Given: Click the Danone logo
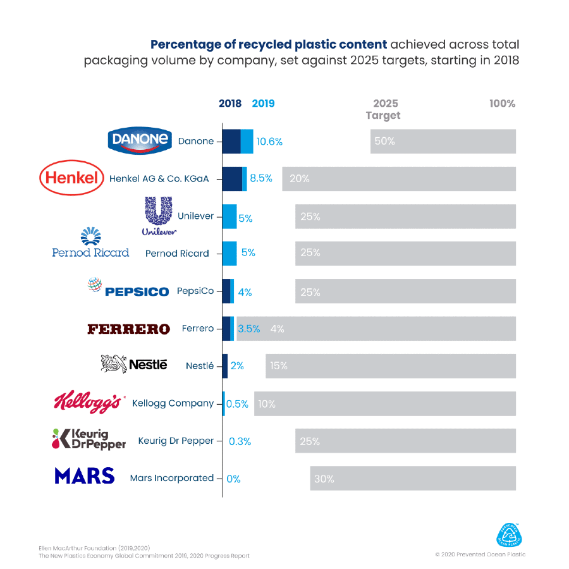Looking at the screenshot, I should [140, 140].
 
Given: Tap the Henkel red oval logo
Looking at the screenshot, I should [71, 178].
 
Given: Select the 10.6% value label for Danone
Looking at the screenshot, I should [269, 142].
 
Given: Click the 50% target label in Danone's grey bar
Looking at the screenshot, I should [384, 142].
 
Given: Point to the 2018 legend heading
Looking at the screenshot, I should [230, 104].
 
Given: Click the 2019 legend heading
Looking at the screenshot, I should [263, 104].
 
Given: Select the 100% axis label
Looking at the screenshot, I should [502, 104].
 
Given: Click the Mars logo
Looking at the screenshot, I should [84, 475].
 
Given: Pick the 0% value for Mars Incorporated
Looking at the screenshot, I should [233, 479].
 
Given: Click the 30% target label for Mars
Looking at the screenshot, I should [324, 479].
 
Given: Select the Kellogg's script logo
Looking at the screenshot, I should [87, 402].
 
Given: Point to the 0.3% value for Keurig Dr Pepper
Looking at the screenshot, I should [240, 441].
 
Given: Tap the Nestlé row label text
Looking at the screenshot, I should [200, 366].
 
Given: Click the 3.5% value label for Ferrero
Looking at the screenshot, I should [248, 329].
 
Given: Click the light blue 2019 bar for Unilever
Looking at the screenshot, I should [229, 216].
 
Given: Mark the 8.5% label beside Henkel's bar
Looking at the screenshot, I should [261, 178].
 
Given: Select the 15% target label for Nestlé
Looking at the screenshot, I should [278, 366].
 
